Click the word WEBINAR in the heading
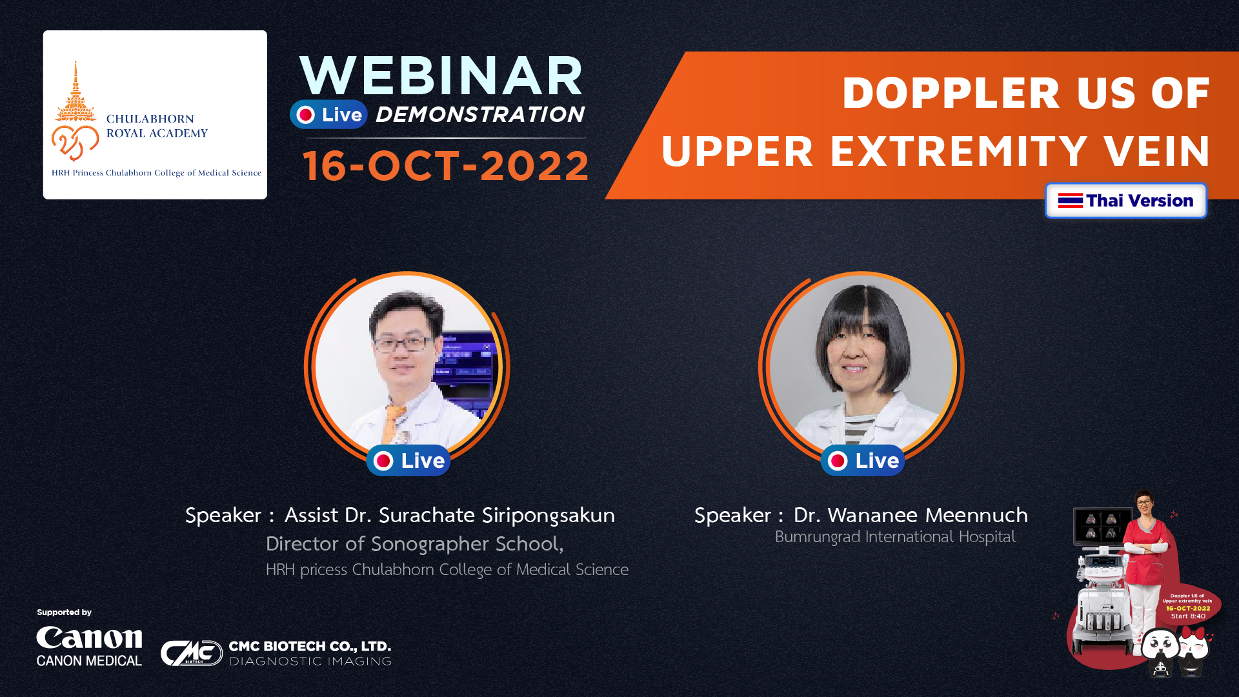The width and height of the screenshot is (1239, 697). point(442,76)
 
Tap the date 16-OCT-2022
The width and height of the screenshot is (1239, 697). point(446,166)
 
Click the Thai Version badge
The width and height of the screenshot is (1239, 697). point(1125,201)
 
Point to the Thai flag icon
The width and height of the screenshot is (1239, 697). point(1070,201)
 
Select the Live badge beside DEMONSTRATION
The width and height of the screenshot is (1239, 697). point(328,115)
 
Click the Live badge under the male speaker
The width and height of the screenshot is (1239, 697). point(408,461)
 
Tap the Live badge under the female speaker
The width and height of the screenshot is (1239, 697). point(863,461)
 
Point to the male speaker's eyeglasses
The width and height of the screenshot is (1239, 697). point(404,344)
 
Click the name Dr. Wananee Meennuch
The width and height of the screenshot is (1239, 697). point(911,515)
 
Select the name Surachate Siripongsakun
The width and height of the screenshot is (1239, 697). point(496,515)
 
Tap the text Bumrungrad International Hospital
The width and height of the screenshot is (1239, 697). point(895,537)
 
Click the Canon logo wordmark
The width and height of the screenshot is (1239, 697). point(89,638)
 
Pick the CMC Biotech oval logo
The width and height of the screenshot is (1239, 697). point(192,653)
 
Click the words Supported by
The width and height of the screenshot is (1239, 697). point(64,612)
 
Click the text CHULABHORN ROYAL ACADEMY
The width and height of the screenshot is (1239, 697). point(157,126)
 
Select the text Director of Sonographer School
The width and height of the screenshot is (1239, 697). point(414,544)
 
